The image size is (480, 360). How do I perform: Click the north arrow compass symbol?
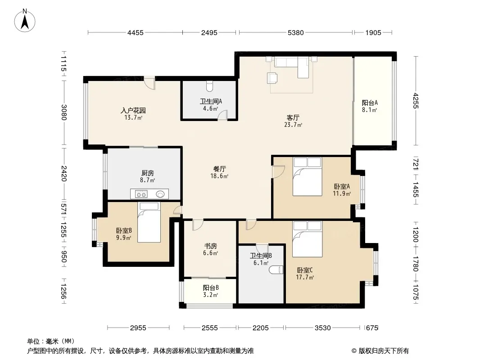click(x=25, y=21)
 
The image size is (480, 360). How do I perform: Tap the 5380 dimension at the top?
click(x=296, y=32)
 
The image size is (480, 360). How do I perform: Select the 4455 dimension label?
click(x=135, y=32)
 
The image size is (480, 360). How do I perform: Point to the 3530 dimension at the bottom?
click(x=323, y=328)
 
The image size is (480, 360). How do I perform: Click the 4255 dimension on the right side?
click(x=416, y=100)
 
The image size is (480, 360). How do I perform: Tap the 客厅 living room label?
click(x=293, y=117)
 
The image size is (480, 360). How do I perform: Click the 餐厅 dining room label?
click(x=219, y=169)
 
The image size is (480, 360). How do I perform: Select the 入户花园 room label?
click(x=133, y=110)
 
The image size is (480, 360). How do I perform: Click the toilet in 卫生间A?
click(x=209, y=86)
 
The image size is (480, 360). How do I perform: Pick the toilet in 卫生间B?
click(x=276, y=270)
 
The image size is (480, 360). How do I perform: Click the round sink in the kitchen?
click(x=160, y=194)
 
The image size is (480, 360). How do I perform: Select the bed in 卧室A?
click(x=308, y=176)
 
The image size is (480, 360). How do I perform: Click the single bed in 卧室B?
click(x=149, y=222)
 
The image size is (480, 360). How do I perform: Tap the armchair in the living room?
click(x=272, y=78)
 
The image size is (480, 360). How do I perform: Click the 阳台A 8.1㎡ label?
click(x=370, y=106)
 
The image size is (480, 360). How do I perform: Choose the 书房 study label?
click(x=211, y=246)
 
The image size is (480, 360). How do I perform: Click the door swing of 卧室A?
click(x=279, y=171)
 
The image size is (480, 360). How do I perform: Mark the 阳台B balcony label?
click(x=211, y=288)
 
